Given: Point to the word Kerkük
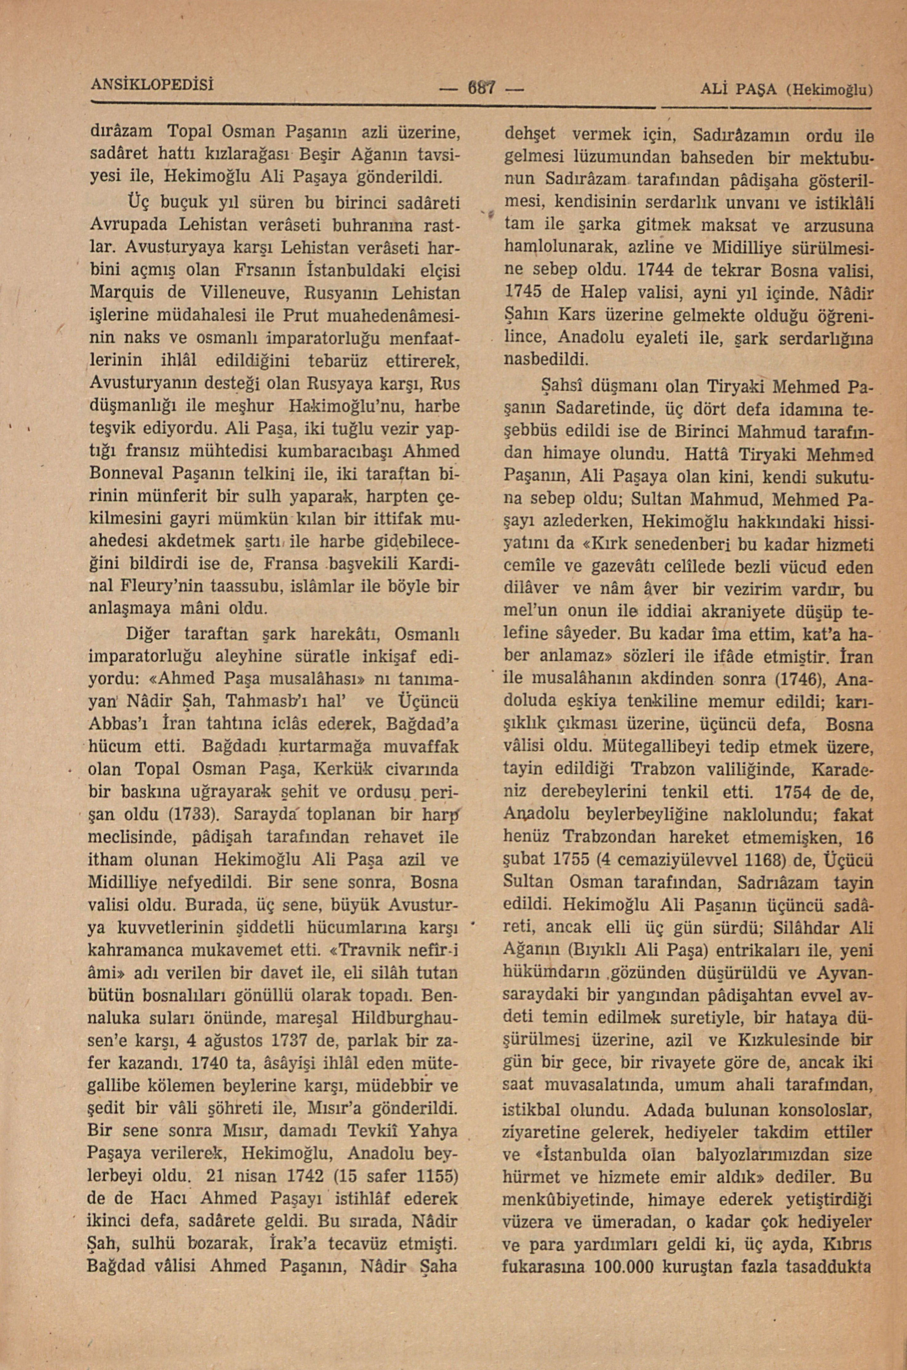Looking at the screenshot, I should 343,769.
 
